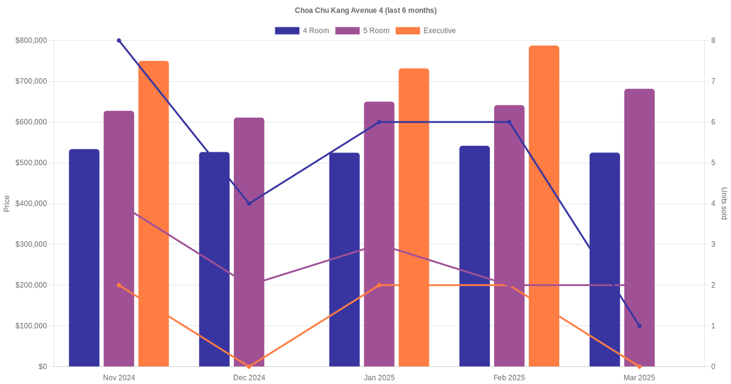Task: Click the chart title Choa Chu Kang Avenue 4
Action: [x=365, y=10]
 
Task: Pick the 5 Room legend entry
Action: [x=362, y=30]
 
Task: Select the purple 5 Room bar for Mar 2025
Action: [x=639, y=228]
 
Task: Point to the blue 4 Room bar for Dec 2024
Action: [x=214, y=259]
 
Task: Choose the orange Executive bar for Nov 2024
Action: [x=154, y=213]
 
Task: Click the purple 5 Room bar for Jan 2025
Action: [x=379, y=234]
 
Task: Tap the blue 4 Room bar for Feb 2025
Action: [x=475, y=256]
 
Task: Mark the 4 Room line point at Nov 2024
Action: [x=119, y=41]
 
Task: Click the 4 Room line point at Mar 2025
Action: [x=639, y=325]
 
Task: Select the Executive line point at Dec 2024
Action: [x=249, y=366]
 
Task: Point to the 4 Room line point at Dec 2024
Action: [x=249, y=204]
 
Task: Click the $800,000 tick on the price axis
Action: [x=31, y=41]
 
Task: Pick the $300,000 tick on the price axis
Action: [x=31, y=244]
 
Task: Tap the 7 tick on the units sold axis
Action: [x=713, y=82]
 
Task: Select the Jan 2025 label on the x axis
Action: [x=379, y=378]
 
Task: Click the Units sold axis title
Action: [x=724, y=204]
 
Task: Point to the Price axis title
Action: [x=7, y=204]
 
